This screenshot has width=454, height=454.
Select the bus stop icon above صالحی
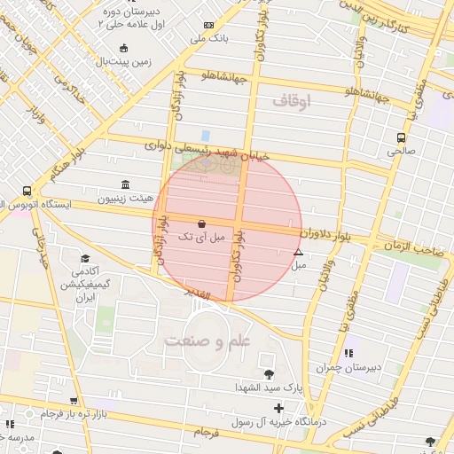pyautogui.click(x=401, y=137)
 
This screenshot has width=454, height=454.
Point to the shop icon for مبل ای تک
pyautogui.click(x=202, y=224)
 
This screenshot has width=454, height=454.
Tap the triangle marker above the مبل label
pyautogui.click(x=297, y=253)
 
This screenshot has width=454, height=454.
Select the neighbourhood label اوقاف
pyautogui.click(x=292, y=101)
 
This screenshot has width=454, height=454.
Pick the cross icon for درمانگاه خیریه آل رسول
pyautogui.click(x=278, y=409)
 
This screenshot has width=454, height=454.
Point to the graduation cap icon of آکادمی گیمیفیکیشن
pyautogui.click(x=84, y=258)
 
